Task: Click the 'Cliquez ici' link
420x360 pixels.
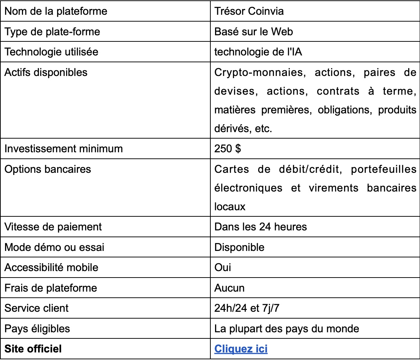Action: (241, 349)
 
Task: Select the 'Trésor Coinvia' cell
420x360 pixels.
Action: (249, 11)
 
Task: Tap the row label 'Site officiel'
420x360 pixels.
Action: (33, 349)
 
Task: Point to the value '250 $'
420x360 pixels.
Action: (227, 149)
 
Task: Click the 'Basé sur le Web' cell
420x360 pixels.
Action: (254, 32)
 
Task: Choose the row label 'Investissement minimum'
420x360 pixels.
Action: (64, 149)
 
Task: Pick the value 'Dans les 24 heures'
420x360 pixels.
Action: (260, 227)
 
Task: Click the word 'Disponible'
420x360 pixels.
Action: (239, 247)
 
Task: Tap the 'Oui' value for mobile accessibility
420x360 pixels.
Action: (223, 267)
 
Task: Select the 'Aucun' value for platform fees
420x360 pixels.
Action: (229, 288)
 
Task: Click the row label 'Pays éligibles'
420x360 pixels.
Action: (37, 329)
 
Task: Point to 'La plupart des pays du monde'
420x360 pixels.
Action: (287, 329)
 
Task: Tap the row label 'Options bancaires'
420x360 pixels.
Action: (48, 169)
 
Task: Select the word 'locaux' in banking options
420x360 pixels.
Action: (230, 207)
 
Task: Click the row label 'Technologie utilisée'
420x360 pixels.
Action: (51, 52)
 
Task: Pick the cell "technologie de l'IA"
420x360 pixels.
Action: (258, 52)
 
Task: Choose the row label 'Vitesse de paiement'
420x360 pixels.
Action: (53, 227)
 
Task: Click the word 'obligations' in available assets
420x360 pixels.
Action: (344, 110)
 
